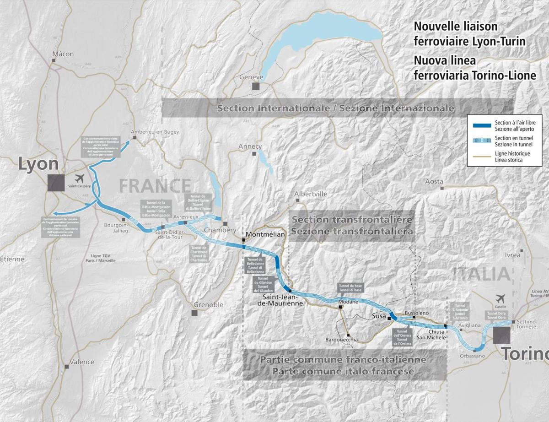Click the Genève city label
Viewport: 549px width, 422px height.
[x=251, y=77]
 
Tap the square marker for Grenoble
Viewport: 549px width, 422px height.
[x=194, y=313]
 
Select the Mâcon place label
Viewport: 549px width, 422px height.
[x=63, y=54]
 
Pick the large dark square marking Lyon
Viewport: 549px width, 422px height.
[x=56, y=183]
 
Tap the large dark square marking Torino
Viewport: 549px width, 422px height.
[x=501, y=335]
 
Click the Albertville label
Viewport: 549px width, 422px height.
[x=311, y=194]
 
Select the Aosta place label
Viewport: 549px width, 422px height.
[x=434, y=181]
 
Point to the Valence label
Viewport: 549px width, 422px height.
[x=81, y=362]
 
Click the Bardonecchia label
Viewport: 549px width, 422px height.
[x=341, y=340]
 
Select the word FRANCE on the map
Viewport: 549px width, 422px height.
[x=155, y=186]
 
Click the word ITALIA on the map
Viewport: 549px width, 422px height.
[x=481, y=274]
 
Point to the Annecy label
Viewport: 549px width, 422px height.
[x=250, y=146]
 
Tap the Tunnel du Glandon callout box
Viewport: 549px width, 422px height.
[x=263, y=284]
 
